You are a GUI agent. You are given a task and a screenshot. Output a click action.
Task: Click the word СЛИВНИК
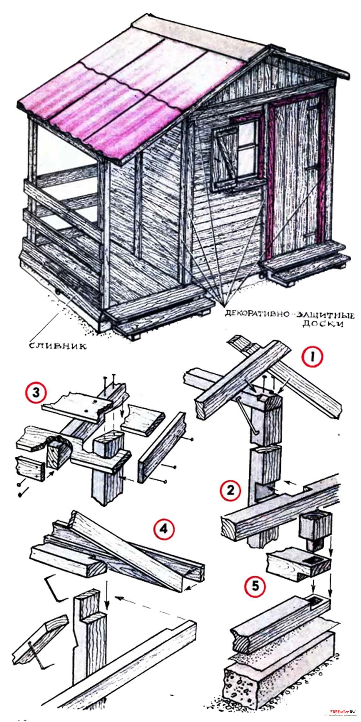point(57,346)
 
